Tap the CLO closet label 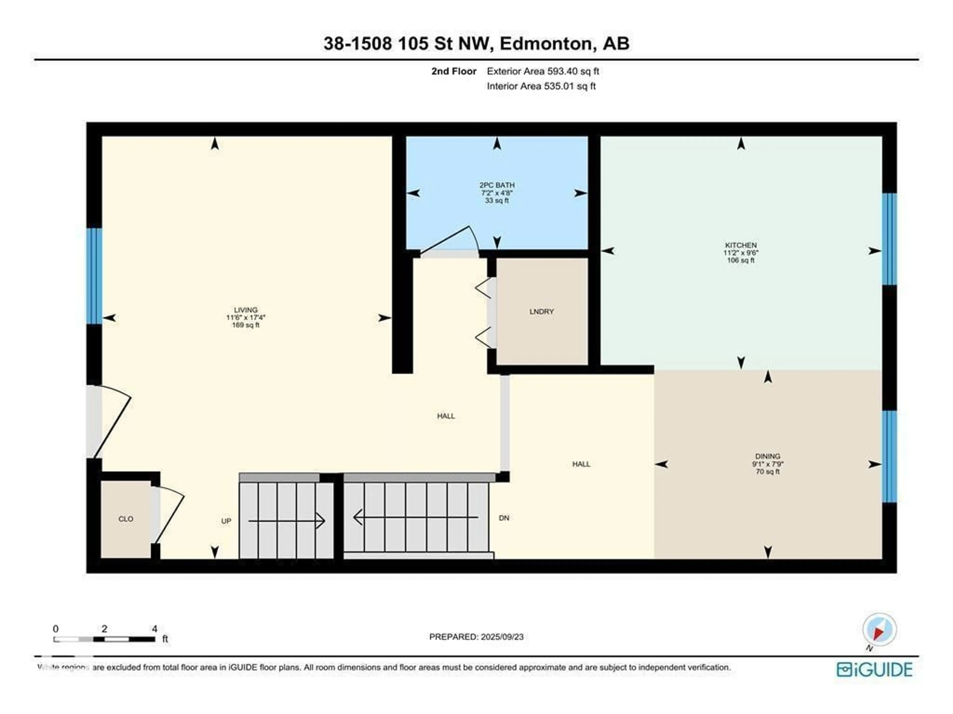tap(126, 519)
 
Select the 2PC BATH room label tap(497, 185)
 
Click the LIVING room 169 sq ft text tap(246, 325)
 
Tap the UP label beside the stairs tap(226, 521)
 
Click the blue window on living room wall tap(94, 276)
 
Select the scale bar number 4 tap(154, 629)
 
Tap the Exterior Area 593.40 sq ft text tap(543, 71)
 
